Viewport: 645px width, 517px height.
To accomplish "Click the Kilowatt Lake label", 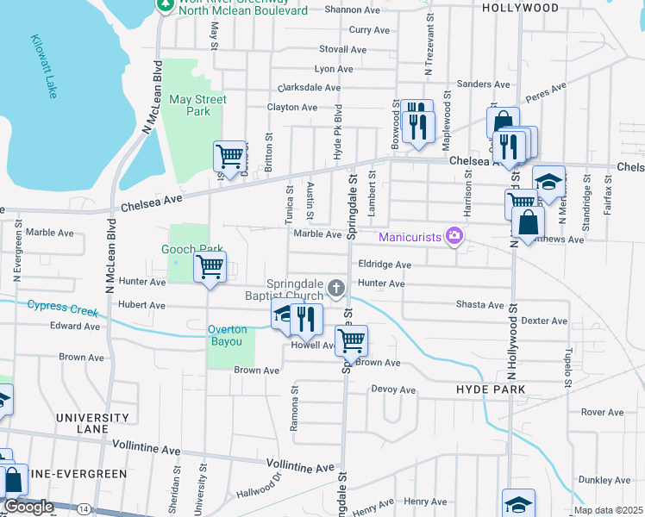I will click(x=44, y=65).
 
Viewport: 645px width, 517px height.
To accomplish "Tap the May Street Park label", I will click(x=198, y=105).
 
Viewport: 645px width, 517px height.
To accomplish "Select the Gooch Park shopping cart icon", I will click(x=210, y=267).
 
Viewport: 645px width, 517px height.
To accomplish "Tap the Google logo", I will click(x=29, y=507).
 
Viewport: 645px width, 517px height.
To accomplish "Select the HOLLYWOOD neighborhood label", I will click(x=520, y=8).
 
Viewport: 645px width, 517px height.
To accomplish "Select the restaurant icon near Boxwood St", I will click(x=417, y=126).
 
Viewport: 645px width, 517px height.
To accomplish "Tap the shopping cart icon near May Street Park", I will click(x=229, y=157).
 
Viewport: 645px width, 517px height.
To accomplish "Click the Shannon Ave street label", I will click(x=348, y=10).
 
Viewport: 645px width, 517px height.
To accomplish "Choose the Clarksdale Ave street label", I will click(x=310, y=88).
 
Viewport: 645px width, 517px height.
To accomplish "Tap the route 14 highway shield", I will click(x=83, y=509).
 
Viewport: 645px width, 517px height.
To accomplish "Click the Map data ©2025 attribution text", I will click(x=608, y=510).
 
